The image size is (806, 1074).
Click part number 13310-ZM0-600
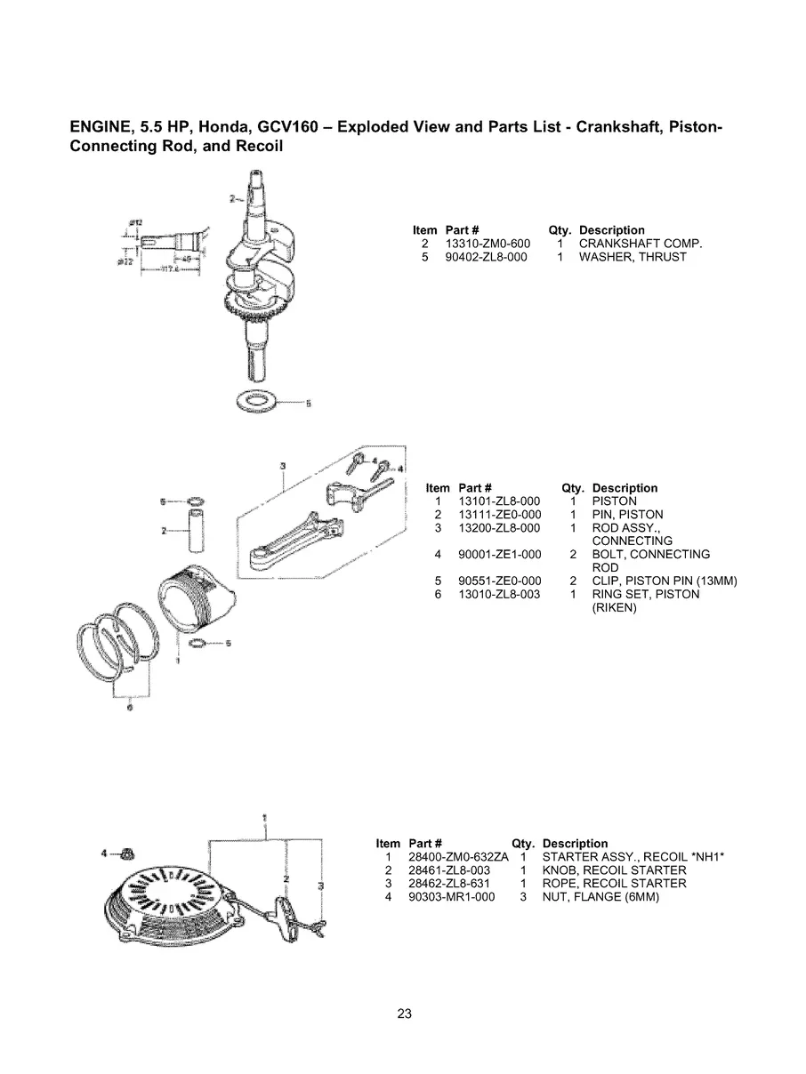[487, 244]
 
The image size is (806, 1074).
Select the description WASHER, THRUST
[633, 257]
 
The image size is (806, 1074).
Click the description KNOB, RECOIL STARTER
[614, 870]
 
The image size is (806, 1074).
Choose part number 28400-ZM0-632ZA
[458, 857]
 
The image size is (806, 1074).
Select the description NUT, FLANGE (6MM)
[600, 897]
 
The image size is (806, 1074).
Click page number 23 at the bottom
[404, 1014]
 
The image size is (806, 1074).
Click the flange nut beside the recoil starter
[127, 854]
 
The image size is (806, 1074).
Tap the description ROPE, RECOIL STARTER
[614, 884]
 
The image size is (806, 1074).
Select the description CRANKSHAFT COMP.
[641, 244]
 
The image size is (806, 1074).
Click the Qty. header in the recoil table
[524, 844]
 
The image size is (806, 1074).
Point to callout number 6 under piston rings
[130, 709]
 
